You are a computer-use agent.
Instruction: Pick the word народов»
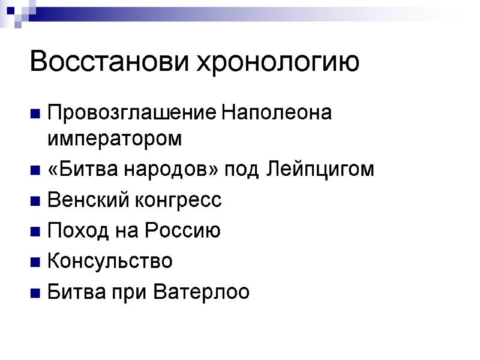click(171, 170)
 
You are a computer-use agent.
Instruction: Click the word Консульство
click(109, 262)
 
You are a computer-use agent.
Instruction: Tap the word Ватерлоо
click(202, 292)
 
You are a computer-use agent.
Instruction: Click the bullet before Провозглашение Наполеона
click(34, 113)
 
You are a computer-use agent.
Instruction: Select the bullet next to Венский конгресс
click(34, 201)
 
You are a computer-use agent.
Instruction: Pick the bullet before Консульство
click(34, 262)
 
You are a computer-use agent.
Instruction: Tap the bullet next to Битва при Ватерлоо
click(34, 293)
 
